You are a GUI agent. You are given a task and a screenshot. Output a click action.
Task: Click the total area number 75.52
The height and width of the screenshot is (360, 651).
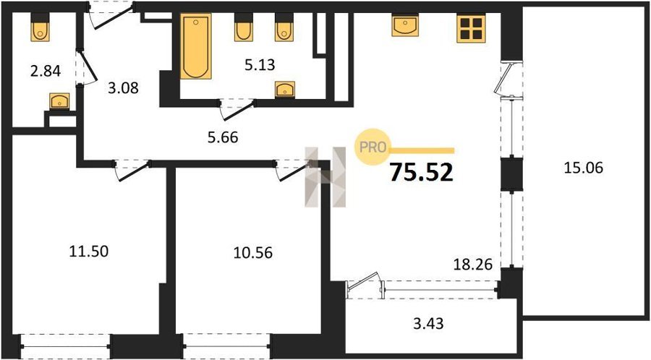(x=421, y=172)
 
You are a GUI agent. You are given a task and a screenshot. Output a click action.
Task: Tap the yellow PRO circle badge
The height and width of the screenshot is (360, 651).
(x=372, y=147)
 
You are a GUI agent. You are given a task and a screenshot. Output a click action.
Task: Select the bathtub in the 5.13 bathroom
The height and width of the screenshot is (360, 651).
(x=195, y=46)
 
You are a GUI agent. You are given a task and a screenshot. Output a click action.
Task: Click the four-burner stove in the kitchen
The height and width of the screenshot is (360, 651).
(x=471, y=29)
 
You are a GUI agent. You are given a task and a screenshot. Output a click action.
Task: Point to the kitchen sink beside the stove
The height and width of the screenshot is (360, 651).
(x=405, y=26)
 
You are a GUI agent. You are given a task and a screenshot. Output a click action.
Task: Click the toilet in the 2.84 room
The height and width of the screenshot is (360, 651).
(x=40, y=27)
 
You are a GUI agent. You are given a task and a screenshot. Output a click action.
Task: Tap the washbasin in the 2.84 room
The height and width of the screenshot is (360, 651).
(x=59, y=101)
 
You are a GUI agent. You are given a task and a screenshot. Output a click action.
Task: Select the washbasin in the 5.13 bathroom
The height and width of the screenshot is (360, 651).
(x=285, y=90)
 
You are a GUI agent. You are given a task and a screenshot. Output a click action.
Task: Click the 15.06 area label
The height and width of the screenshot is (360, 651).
(x=583, y=168)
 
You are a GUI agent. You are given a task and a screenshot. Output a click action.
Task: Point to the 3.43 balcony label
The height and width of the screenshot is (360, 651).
(x=428, y=323)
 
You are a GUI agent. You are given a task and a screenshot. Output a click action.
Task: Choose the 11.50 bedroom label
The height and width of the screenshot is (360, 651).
(x=88, y=251)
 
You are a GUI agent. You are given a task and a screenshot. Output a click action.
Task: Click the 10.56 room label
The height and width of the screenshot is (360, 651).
(x=253, y=252)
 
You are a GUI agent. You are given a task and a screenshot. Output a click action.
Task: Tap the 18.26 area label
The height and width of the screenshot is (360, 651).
(x=472, y=264)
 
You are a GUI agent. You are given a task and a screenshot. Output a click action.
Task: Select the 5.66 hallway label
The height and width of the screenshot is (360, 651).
(x=223, y=137)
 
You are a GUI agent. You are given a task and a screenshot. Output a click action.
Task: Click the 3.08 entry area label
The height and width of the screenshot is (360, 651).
(x=123, y=88)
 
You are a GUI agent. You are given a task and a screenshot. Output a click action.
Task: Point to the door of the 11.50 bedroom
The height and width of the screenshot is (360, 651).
(x=132, y=171)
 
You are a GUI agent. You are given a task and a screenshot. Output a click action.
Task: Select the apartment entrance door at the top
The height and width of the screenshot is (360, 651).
(x=111, y=16)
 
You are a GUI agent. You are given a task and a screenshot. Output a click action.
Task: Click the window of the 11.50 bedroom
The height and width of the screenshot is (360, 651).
(x=66, y=346)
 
